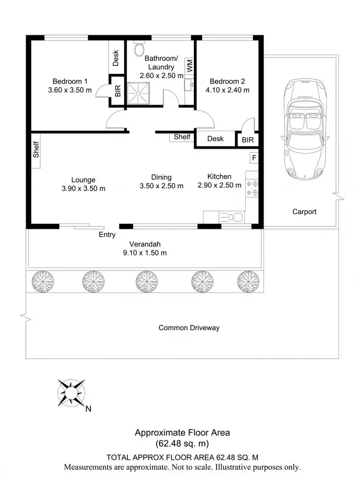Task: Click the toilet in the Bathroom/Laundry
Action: coord(140,48)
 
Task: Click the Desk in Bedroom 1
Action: coord(116,58)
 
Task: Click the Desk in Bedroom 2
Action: coord(216,139)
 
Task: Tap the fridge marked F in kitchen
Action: coord(254,158)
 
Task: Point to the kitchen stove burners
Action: coord(252,188)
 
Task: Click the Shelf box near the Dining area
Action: coord(182,137)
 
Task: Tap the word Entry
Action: coord(107,235)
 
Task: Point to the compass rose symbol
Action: coord(71,393)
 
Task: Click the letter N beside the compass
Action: coord(88,410)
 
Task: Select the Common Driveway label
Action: coord(189,328)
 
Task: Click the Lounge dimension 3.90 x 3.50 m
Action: coord(84,189)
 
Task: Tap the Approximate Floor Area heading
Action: coord(182,432)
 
